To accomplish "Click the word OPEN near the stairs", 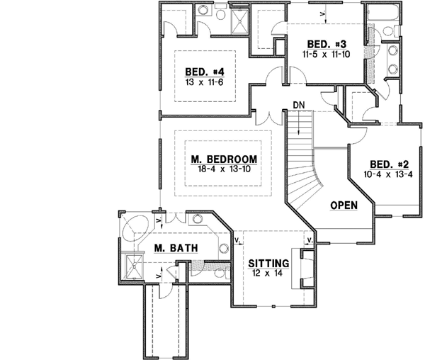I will point(344,206).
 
